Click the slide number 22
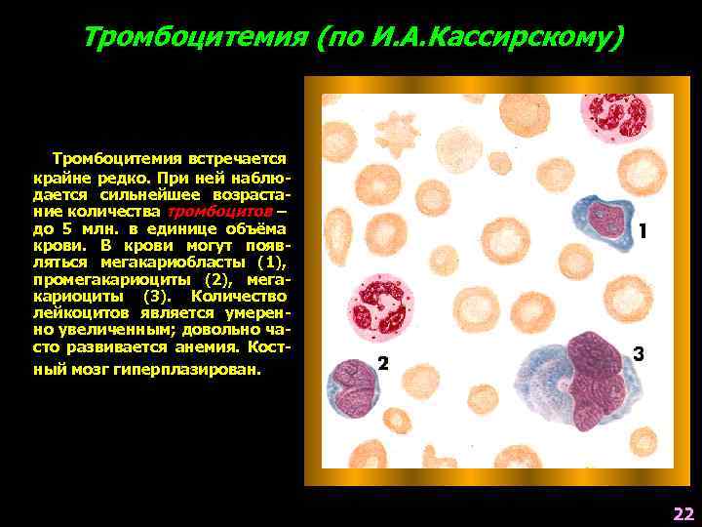tap(682, 514)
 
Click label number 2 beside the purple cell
tap(383, 364)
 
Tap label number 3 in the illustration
tap(639, 353)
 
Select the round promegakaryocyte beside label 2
tap(349, 387)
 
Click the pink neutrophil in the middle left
tap(381, 303)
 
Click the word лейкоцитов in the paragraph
tap(72, 312)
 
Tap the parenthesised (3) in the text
tap(154, 296)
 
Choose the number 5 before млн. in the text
tap(67, 227)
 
